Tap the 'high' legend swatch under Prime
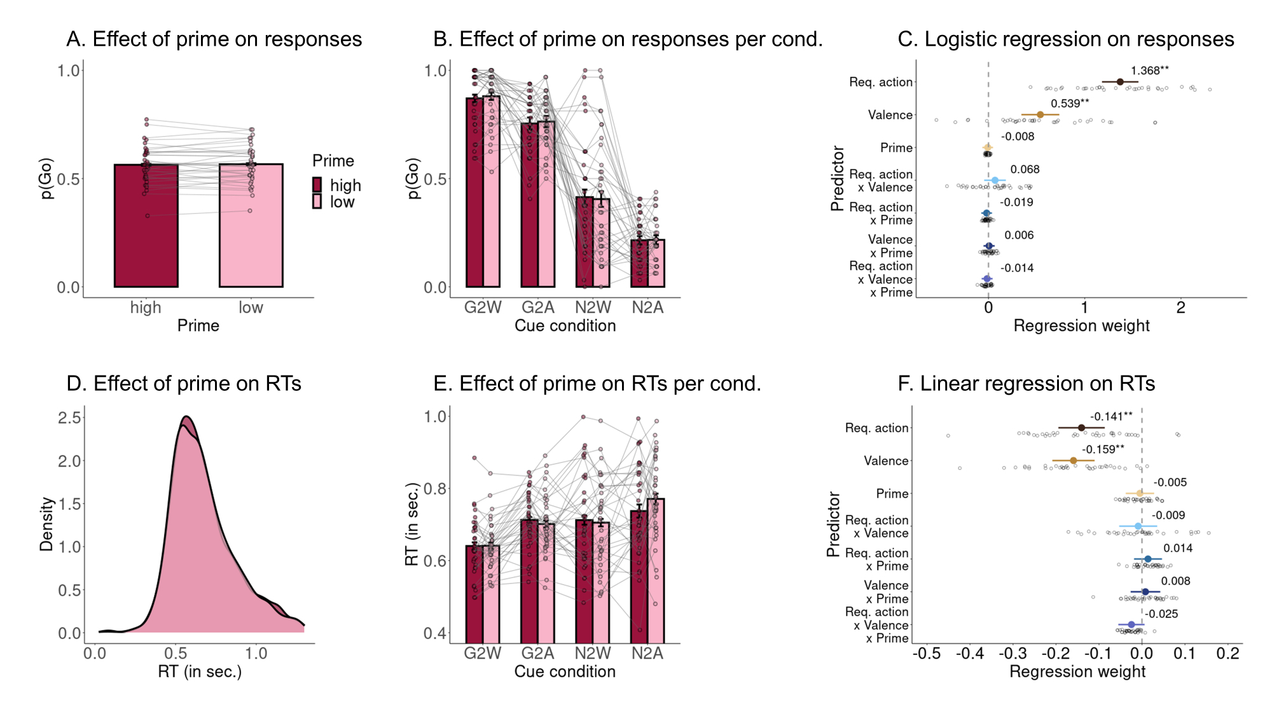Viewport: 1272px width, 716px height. (x=317, y=185)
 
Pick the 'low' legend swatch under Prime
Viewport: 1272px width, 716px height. (x=317, y=202)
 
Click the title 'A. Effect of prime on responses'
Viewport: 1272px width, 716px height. (x=214, y=39)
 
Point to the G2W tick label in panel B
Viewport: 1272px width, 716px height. (x=483, y=307)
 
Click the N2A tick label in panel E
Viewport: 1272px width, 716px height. (x=647, y=654)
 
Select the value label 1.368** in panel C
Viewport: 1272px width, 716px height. (x=1149, y=71)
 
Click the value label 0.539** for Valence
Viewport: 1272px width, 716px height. (x=1070, y=104)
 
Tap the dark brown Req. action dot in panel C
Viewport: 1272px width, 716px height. (x=1120, y=82)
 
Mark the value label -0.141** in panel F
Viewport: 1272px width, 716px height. (x=1111, y=417)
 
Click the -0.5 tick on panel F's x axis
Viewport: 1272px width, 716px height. (x=926, y=654)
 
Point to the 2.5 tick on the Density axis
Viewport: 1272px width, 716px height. (x=69, y=418)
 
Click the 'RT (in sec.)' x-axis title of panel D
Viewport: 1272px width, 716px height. (x=200, y=671)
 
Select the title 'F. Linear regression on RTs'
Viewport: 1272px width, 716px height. (x=1026, y=384)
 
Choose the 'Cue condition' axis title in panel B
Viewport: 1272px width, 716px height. (x=565, y=326)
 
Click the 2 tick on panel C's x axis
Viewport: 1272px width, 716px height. (x=1180, y=307)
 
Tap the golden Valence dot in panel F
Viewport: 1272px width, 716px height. (x=1074, y=461)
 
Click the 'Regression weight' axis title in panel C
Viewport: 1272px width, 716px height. (x=1081, y=326)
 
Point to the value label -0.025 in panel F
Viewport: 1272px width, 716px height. (x=1161, y=614)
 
